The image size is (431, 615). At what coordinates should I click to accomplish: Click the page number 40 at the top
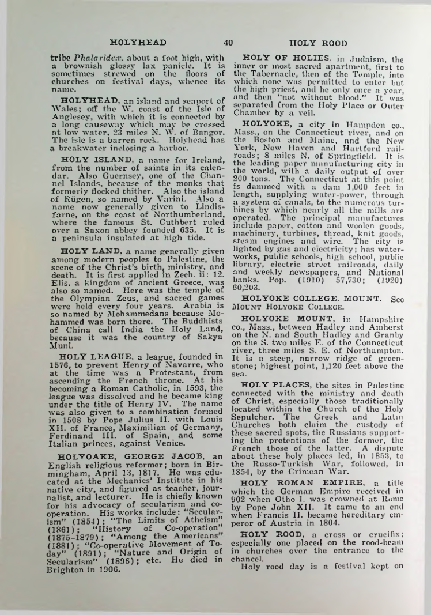pos(228,42)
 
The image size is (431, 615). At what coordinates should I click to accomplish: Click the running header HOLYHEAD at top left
pos(138,42)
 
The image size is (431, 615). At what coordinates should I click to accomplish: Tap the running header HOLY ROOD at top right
pos(318,43)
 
